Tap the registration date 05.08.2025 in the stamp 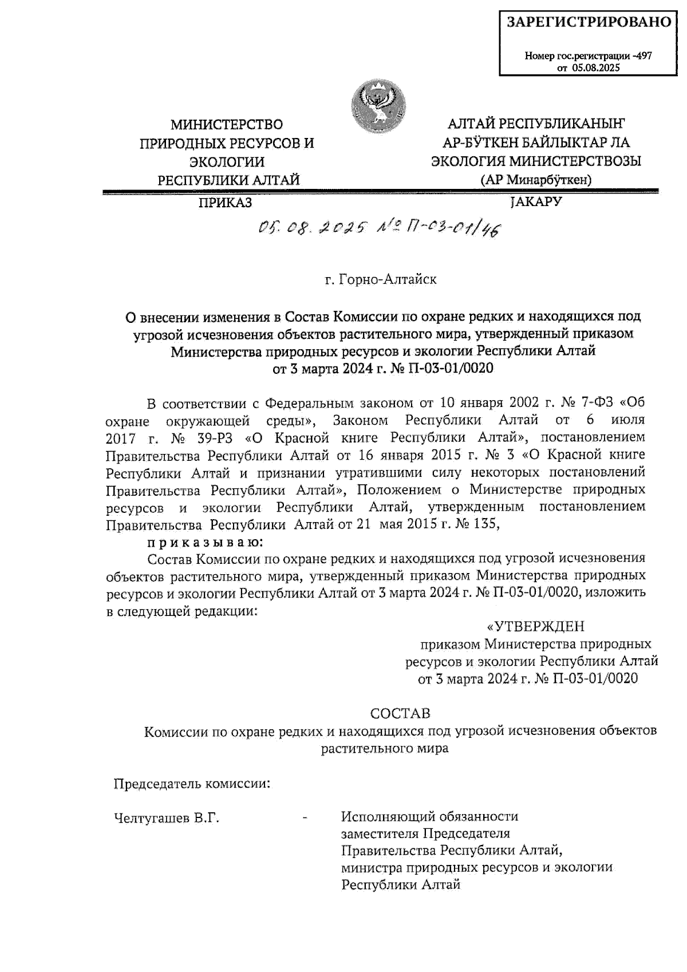click(x=596, y=68)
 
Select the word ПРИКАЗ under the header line click(x=225, y=203)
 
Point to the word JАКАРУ click(x=535, y=201)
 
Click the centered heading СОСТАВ click(x=400, y=714)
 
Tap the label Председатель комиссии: click(x=192, y=784)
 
